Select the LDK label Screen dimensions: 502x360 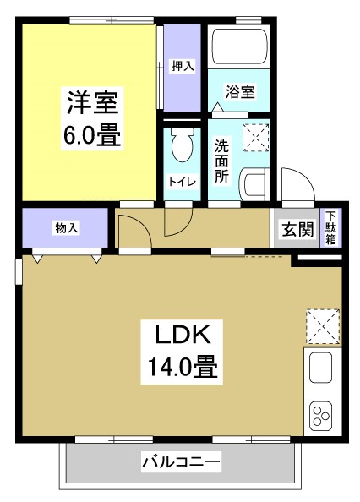tap(180, 335)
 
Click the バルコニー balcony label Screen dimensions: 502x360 tap(180, 462)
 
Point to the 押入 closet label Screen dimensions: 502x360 tap(182, 64)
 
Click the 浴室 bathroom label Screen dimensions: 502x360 tap(239, 91)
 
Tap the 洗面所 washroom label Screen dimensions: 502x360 tap(221, 160)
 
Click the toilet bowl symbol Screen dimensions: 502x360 tap(180, 149)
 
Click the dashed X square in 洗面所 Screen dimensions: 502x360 tap(254, 137)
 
